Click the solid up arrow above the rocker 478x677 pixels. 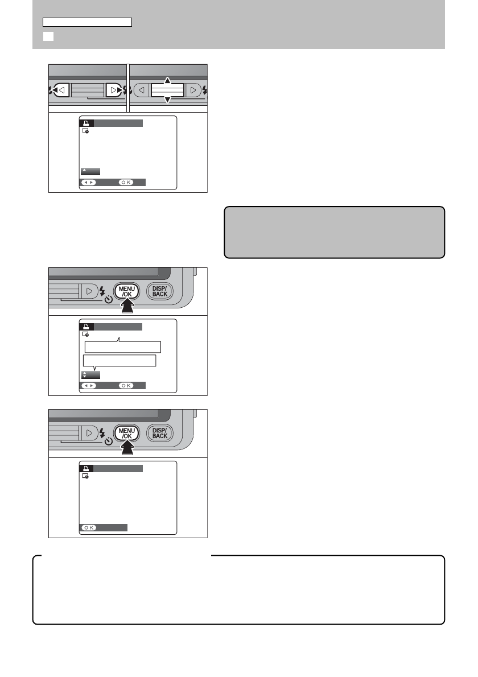(x=167, y=80)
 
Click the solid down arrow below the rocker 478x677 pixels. (x=167, y=101)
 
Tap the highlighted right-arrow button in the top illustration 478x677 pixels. (x=114, y=90)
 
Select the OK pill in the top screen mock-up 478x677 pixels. (x=126, y=183)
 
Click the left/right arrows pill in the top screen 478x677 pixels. (x=88, y=183)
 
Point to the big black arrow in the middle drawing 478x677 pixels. (x=127, y=308)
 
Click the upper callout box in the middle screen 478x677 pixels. (x=122, y=347)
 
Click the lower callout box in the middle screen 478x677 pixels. (x=119, y=361)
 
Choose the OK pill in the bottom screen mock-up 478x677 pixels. (x=89, y=527)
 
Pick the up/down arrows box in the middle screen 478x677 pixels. (x=90, y=375)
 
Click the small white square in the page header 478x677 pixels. (x=48, y=36)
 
